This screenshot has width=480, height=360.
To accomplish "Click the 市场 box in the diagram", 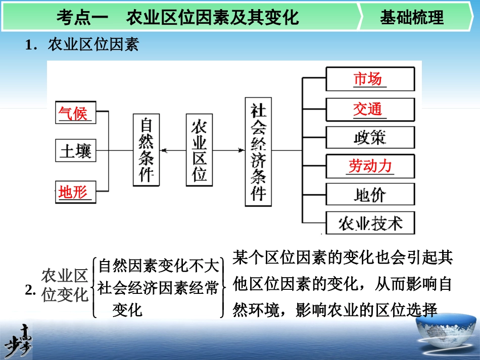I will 370,79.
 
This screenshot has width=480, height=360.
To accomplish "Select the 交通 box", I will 370,109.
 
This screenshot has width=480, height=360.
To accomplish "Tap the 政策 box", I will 370,137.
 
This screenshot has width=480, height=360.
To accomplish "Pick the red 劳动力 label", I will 370,166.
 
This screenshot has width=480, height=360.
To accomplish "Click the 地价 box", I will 370,194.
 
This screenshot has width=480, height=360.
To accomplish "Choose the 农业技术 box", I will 370,223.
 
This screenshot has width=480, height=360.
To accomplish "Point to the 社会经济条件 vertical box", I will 259,151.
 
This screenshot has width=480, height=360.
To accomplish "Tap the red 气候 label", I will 74,114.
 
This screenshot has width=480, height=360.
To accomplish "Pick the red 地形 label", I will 74,192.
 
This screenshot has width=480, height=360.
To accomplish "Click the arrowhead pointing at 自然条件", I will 163,150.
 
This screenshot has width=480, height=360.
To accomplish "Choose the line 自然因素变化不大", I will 159,265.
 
